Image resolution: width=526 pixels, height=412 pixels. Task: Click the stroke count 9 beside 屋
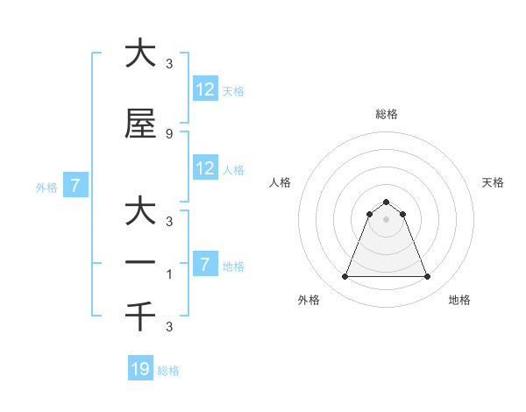coord(169,133)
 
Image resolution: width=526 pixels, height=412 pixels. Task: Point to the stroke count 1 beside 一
coord(169,273)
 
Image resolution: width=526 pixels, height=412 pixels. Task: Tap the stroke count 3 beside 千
coord(169,327)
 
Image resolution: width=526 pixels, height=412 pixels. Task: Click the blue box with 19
coord(140,369)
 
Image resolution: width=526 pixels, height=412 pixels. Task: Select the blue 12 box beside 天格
coord(205,89)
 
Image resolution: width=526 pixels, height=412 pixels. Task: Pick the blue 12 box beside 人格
coord(205,168)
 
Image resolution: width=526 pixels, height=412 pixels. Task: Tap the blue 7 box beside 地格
coord(205,265)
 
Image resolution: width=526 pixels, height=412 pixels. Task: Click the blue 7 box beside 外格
coord(75,186)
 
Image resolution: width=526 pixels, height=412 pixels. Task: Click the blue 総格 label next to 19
coord(168,371)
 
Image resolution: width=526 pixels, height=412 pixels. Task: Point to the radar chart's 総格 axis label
coord(386,114)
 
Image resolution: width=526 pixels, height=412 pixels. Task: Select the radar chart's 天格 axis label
coord(493,182)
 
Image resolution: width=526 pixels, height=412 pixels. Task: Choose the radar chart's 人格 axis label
coord(280,182)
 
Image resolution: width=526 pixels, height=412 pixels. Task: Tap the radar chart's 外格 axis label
coord(308,301)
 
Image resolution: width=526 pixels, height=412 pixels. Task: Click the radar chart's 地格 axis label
coord(459,301)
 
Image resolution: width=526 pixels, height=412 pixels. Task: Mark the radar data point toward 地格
coord(427,277)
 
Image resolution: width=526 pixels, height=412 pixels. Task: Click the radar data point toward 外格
coord(345,277)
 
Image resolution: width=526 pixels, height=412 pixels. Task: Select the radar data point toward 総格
coord(386,202)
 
